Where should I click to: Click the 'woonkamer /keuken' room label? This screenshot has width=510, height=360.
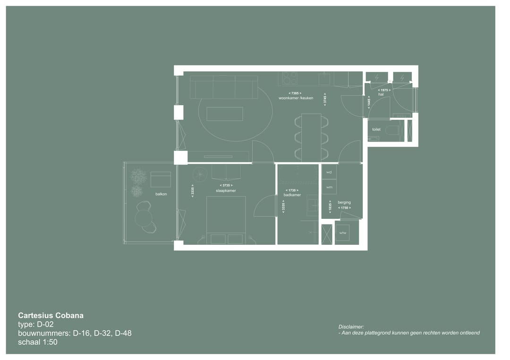(296, 98)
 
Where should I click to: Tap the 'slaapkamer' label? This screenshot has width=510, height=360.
(222, 191)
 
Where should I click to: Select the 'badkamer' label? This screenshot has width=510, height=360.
(292, 195)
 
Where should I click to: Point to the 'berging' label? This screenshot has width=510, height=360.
(344, 202)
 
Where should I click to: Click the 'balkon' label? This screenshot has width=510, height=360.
(161, 194)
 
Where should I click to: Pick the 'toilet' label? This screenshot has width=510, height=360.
(376, 129)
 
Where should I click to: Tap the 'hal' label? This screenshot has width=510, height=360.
(381, 94)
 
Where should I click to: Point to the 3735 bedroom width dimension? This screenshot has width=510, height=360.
(226, 185)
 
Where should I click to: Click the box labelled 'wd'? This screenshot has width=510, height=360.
(329, 172)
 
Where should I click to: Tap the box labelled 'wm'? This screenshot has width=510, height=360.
(329, 187)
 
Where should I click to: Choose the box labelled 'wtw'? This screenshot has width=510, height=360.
(342, 233)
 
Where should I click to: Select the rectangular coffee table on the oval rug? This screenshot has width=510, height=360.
(225, 114)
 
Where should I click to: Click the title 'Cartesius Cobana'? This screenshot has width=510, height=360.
(51, 316)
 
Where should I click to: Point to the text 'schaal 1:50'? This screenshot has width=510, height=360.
(38, 342)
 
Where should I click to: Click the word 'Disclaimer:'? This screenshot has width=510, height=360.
(351, 327)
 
